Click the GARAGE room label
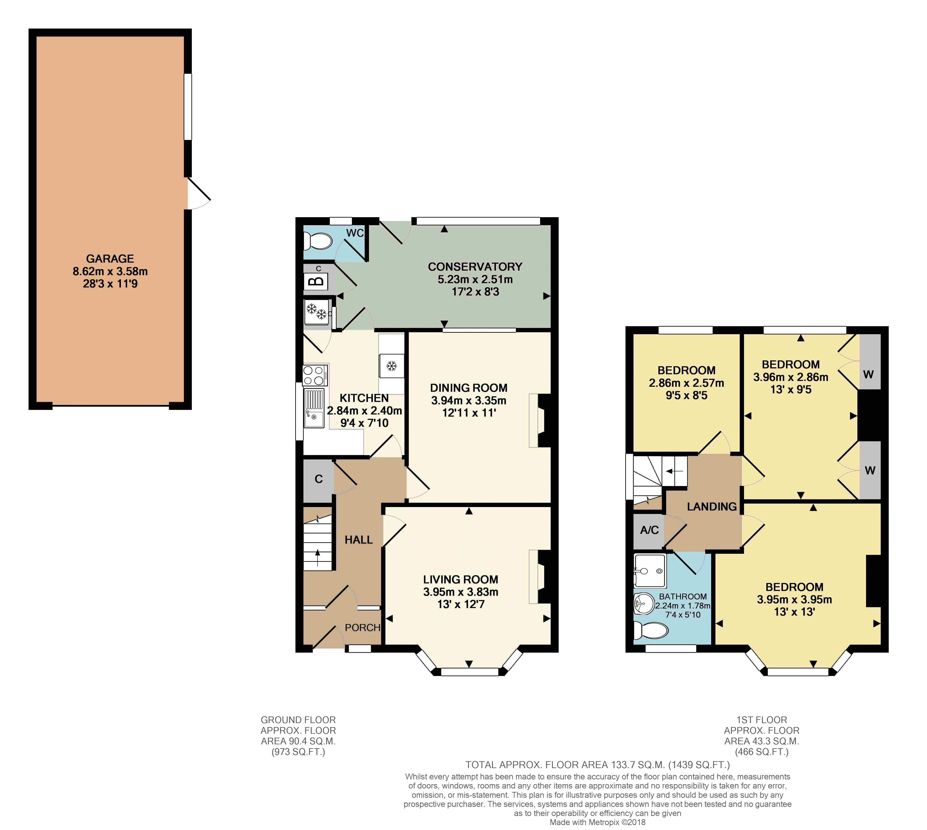pos(110,258)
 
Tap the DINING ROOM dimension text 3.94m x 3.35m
pos(469,400)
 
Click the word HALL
pos(358,540)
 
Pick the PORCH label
pos(362,628)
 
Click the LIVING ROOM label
pos(460,580)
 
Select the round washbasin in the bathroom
pos(644,603)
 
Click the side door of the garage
pos(199,193)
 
